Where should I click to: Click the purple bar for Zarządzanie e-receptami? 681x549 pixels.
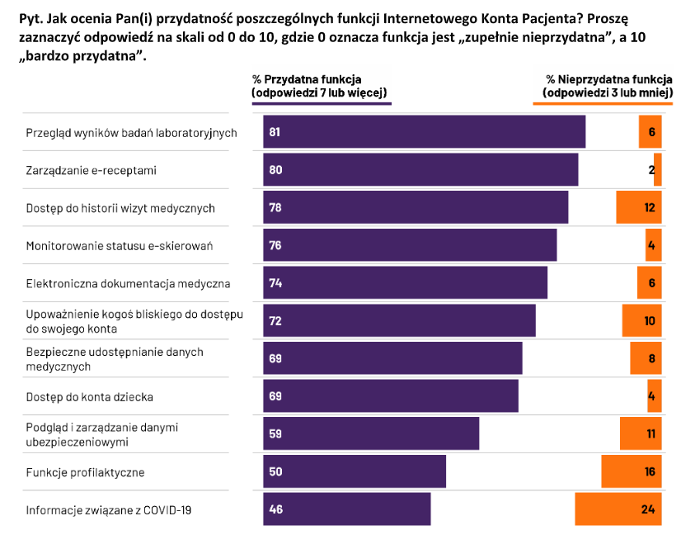click(420, 169)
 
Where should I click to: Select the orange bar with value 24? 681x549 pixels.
click(618, 509)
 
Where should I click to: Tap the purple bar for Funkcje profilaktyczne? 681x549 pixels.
click(355, 471)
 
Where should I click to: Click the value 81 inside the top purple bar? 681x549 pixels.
click(275, 132)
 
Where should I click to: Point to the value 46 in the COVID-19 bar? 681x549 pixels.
click(275, 509)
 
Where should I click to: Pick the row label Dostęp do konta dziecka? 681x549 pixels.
click(90, 396)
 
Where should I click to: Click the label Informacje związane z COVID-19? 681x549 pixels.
click(109, 509)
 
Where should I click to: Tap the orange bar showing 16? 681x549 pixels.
click(632, 471)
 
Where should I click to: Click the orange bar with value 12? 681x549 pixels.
click(639, 207)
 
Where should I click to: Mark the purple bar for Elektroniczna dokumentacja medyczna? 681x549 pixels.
click(405, 282)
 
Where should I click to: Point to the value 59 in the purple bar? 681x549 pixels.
click(275, 433)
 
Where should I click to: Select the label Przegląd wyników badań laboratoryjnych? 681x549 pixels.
click(132, 132)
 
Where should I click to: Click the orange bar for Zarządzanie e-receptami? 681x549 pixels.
click(658, 169)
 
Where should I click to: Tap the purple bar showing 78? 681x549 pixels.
click(416, 207)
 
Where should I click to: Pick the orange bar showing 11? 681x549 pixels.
click(641, 433)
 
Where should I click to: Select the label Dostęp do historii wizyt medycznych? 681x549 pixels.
click(120, 207)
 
